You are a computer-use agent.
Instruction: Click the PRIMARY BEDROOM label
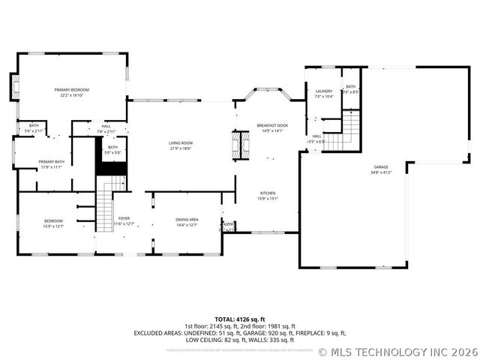coord(72,89)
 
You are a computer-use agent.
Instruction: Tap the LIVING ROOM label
coord(180,142)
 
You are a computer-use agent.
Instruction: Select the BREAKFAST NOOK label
coord(271,125)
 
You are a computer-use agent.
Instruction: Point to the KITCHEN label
coord(268,193)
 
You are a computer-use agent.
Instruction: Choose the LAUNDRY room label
coord(323,91)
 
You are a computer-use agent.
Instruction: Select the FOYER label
coord(124,218)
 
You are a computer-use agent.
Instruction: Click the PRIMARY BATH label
coord(52,162)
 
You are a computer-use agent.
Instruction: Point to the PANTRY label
coord(228,223)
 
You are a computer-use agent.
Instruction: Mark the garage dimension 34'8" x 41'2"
coord(381,172)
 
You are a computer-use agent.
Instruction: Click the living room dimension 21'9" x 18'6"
coord(180,148)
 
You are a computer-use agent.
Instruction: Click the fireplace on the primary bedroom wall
coord(13,87)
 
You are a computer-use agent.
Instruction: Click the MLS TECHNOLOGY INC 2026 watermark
coord(398,351)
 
